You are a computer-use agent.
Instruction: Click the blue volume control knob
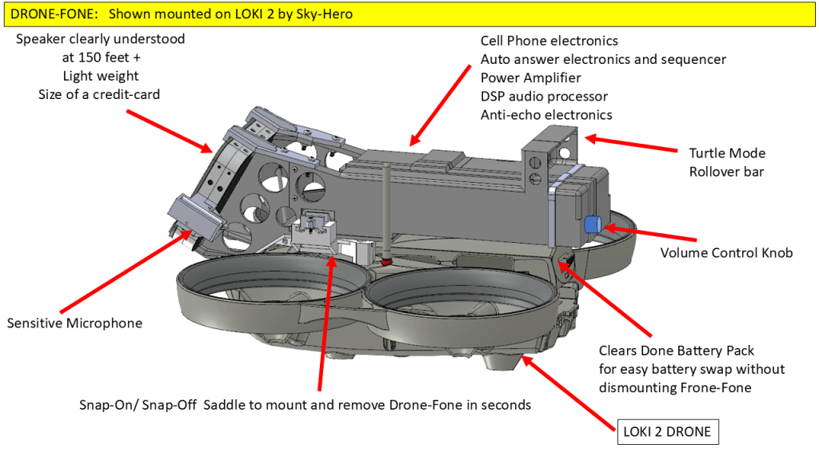(x=593, y=224)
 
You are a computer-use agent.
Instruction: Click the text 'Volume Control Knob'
(x=726, y=253)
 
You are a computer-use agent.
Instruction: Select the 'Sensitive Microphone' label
(x=74, y=323)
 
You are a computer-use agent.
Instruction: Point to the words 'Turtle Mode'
(x=727, y=153)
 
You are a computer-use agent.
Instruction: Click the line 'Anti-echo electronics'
(x=546, y=115)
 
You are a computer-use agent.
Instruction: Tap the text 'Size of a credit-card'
(x=99, y=94)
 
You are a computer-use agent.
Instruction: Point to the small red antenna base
(x=386, y=260)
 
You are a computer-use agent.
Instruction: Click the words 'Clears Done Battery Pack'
(x=677, y=351)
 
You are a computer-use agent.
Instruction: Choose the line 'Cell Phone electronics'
(x=549, y=41)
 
